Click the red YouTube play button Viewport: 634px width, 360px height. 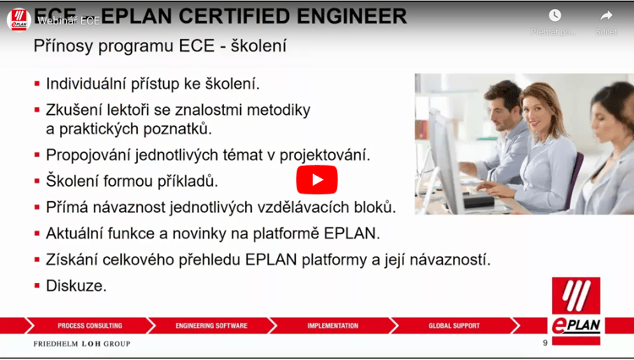coord(316,179)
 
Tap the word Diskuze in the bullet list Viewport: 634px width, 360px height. coord(76,286)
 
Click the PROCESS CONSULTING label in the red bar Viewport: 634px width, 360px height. coord(90,325)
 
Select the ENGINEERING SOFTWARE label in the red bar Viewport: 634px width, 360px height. coord(211,325)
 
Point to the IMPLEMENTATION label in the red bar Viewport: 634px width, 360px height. coord(332,325)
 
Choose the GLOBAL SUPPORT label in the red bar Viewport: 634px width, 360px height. coord(454,325)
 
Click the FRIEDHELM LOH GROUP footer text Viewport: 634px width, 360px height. coord(82,344)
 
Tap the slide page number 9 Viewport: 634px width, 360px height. coord(545,343)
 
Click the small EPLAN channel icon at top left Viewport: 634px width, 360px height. coord(19,19)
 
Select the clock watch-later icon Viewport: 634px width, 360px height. coord(555,15)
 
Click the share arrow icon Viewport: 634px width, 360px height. coord(606,15)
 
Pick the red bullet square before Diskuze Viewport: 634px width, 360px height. coord(37,286)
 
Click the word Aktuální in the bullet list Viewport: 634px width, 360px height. coord(75,233)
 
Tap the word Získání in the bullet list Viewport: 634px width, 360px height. coord(73,259)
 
